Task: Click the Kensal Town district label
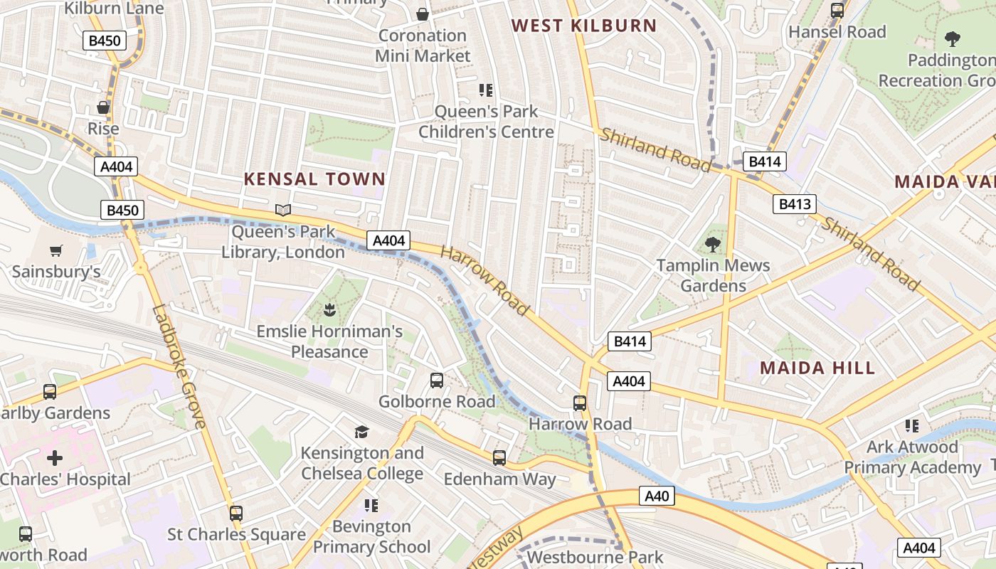314,179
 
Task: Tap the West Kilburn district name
584,26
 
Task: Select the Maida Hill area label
817,368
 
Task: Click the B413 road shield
794,205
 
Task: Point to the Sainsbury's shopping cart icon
56,250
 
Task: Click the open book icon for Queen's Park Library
283,210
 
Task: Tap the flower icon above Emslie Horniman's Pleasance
329,310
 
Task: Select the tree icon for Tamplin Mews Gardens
713,245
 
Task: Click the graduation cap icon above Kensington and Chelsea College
362,432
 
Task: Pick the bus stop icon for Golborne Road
437,381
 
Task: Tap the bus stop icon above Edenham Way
499,458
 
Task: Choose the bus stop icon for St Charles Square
236,513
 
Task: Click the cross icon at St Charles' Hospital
55,458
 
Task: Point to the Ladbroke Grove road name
179,366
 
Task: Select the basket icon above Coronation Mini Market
423,14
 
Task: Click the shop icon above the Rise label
103,107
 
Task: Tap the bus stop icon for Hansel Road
837,11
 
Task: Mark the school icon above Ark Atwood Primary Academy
912,426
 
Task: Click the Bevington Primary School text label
372,536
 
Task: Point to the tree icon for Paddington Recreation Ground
952,39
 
